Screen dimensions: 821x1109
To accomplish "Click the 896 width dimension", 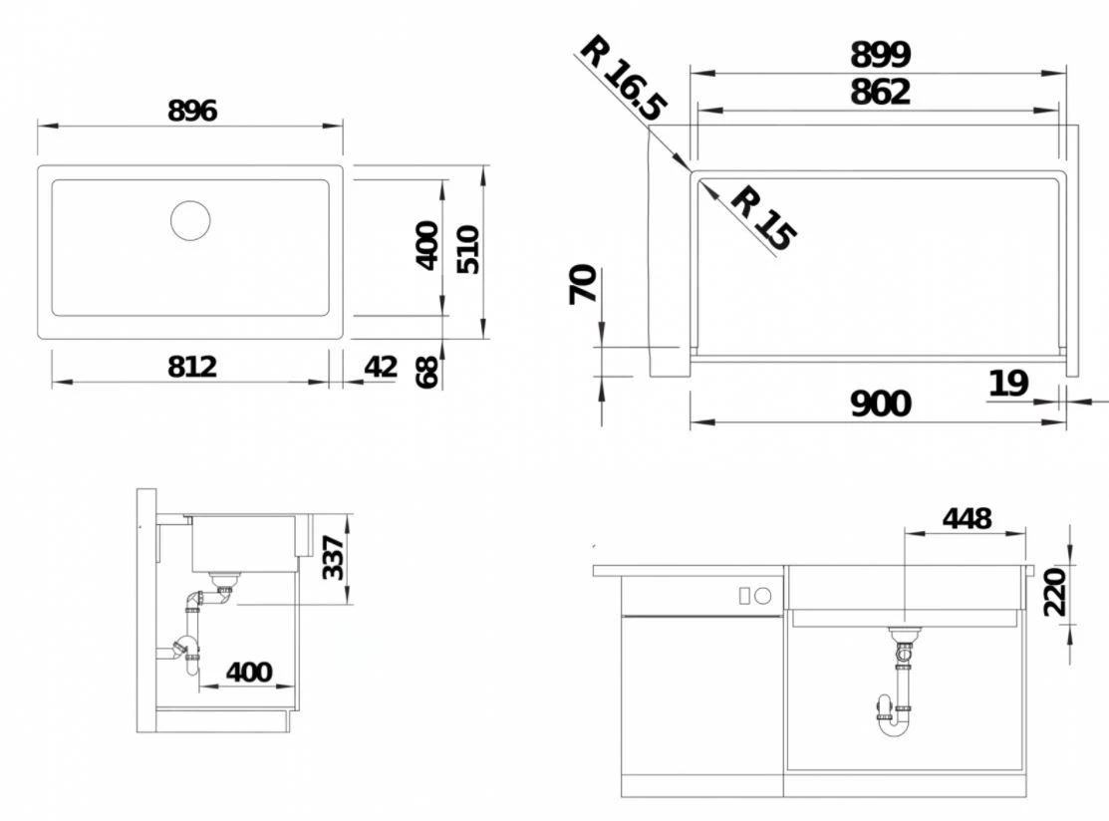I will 191,111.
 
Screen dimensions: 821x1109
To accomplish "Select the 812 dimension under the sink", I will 191,367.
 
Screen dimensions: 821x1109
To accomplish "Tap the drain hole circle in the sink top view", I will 190,220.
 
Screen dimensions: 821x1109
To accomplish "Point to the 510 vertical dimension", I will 467,249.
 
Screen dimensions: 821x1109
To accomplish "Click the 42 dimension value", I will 381,367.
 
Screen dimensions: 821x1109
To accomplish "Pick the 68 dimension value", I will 426,372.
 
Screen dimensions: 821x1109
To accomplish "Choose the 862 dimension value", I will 880,92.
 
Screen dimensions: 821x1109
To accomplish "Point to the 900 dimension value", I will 880,404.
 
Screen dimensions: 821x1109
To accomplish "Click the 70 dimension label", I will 584,284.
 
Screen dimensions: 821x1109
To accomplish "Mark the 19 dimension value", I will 1008,383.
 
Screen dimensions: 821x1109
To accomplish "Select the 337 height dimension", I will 333,558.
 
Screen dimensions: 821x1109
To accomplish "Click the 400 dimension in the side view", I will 248,672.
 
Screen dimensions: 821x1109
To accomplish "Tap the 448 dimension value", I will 966,518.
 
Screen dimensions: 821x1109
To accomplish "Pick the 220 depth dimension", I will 1055,592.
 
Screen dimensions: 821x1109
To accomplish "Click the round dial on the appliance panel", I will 763,596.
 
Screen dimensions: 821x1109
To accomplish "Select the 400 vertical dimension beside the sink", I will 425,245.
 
